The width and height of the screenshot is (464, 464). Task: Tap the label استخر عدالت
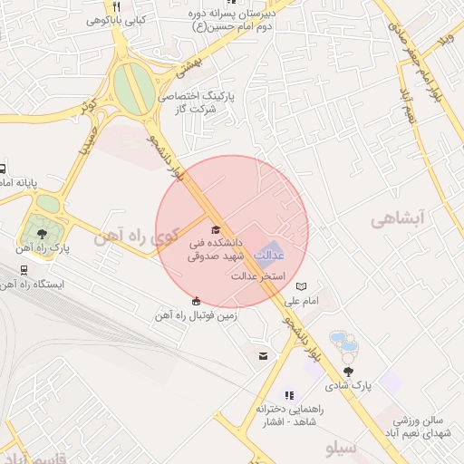tap(260, 275)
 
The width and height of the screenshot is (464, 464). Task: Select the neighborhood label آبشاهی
tap(398, 218)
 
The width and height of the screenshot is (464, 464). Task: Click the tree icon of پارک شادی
tap(349, 371)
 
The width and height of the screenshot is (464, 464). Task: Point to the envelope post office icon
tap(263, 356)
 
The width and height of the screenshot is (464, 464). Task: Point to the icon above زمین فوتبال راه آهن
tap(197, 301)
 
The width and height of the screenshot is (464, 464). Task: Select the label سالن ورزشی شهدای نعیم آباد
tap(427, 428)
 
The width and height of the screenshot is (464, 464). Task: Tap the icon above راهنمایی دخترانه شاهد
tap(289, 395)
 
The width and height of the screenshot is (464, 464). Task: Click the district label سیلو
tap(343, 449)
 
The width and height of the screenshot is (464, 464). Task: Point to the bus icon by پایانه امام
tap(3, 169)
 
